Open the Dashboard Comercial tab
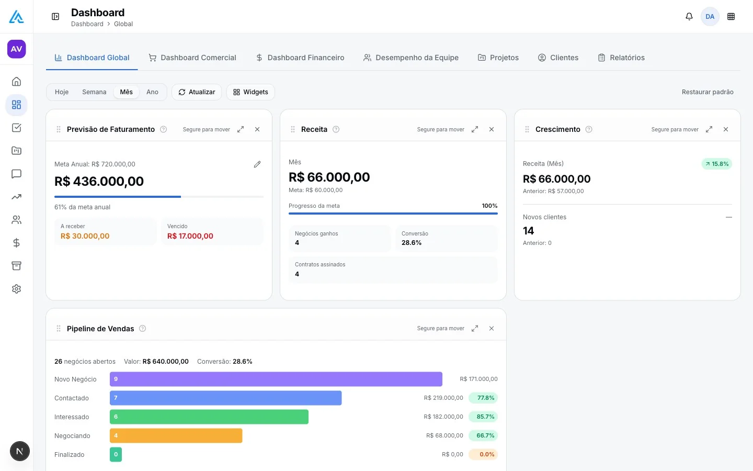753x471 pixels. click(x=192, y=58)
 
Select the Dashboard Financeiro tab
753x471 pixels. click(x=300, y=58)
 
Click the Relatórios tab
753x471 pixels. click(x=621, y=58)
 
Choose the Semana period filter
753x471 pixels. click(x=94, y=92)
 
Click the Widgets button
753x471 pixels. click(x=250, y=92)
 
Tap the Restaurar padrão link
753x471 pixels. click(x=708, y=92)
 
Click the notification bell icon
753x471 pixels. click(x=689, y=17)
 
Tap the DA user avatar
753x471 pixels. click(x=710, y=17)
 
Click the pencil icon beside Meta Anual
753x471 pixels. click(x=257, y=164)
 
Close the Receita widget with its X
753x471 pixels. click(x=492, y=129)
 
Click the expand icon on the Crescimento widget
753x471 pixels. click(x=709, y=129)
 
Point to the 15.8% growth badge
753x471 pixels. click(x=717, y=164)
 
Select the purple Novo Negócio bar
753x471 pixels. click(x=276, y=379)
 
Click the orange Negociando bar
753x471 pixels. click(x=176, y=435)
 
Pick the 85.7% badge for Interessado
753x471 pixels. click(x=483, y=417)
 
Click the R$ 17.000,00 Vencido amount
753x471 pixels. click(x=190, y=236)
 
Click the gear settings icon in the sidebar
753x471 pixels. click(x=17, y=289)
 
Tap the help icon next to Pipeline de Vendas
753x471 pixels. click(x=143, y=328)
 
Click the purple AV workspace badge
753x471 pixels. click(x=17, y=49)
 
